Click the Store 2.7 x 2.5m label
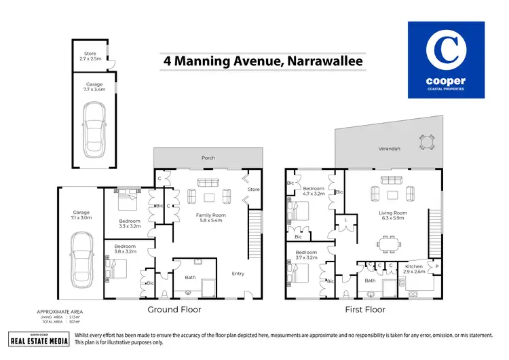[90, 56]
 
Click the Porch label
[208, 158]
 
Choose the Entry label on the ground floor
[238, 274]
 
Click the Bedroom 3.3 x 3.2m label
[130, 223]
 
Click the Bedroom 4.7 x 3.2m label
[313, 191]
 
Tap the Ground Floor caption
[174, 310]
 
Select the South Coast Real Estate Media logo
[39, 339]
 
